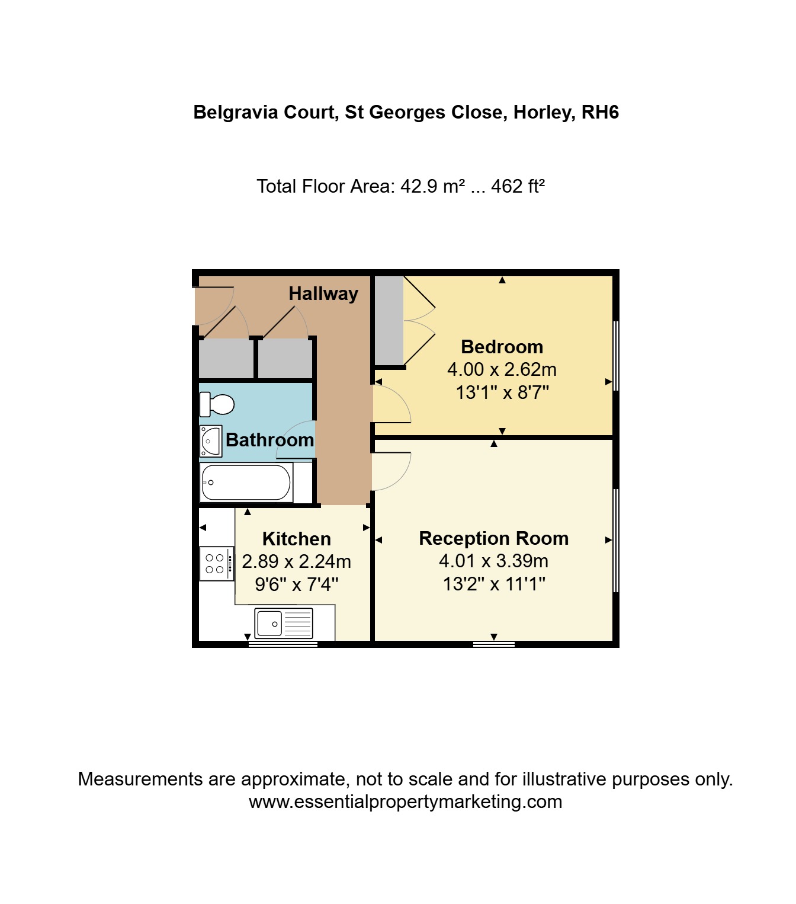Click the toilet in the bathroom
217,404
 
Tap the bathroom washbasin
210,441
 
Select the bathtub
246,483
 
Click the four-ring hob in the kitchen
217,564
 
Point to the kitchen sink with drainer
284,623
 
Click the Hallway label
323,293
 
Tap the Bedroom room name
502,347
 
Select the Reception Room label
494,538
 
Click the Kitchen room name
297,539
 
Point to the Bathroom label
270,440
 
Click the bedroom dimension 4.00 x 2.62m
502,369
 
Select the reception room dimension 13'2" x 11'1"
494,584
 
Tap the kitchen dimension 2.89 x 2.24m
297,561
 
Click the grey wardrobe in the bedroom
389,320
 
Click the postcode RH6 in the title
600,112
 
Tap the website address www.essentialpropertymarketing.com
405,801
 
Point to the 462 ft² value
518,186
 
